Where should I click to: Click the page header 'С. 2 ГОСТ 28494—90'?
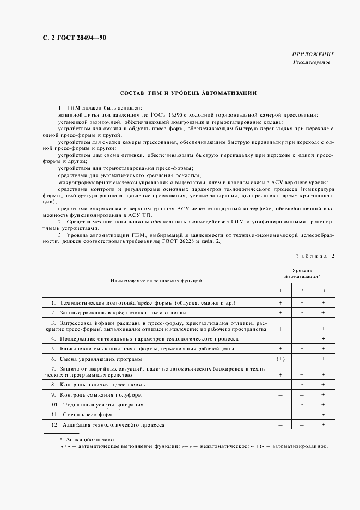click(66, 38)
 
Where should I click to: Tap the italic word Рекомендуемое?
click(312, 62)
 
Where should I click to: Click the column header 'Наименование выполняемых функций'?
click(156, 281)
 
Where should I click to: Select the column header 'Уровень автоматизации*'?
click(302, 274)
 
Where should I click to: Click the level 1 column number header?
click(280, 290)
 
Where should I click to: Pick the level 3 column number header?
click(324, 290)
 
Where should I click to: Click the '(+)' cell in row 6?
click(280, 359)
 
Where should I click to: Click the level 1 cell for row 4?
click(280, 339)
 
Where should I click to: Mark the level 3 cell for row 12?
click(324, 424)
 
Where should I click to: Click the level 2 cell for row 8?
click(302, 385)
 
